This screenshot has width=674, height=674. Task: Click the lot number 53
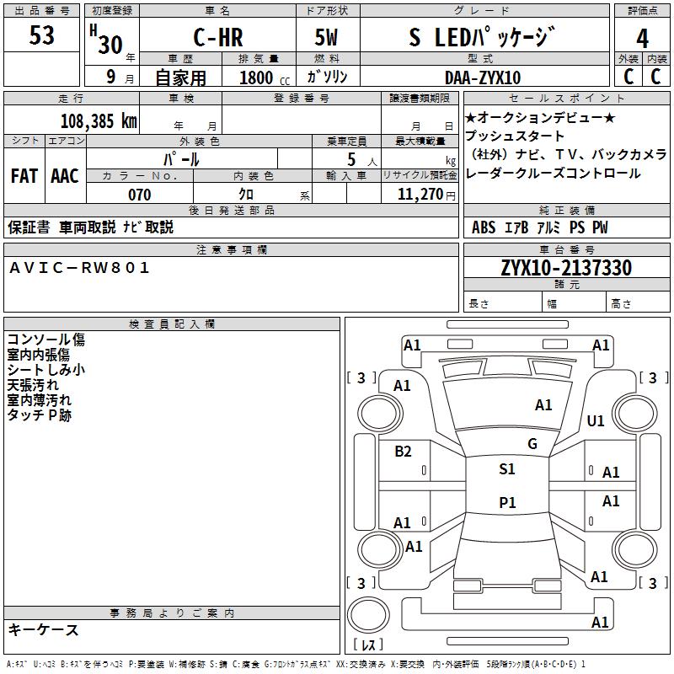pos(41,35)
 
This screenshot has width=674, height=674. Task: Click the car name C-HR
pos(218,37)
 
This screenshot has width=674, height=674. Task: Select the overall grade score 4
pos(642,38)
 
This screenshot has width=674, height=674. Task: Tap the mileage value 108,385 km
pos(99,121)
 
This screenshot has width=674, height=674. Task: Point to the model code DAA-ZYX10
pos(483,78)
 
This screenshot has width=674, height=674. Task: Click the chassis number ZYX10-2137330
pos(566,268)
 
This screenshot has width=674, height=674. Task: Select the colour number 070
pos(140,195)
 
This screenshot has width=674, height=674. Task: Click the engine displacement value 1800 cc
pos(265,78)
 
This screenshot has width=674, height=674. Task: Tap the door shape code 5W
pos(326,37)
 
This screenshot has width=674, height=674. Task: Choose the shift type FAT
pos(24,176)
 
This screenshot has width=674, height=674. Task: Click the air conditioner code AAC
pos(65,176)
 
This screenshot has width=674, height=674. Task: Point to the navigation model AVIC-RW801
pos(79,268)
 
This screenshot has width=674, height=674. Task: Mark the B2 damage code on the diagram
pos(403,451)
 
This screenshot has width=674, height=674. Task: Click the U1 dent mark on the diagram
pos(596,420)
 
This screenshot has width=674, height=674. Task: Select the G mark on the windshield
pos(532,444)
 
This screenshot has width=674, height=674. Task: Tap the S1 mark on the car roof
pos(507,469)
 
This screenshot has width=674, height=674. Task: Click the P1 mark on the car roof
pos(507,502)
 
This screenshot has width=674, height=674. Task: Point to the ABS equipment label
pos(484,227)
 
